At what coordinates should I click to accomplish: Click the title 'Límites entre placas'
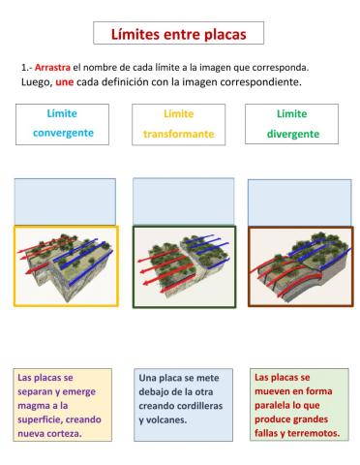(x=179, y=34)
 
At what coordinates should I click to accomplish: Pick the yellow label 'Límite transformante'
(x=178, y=123)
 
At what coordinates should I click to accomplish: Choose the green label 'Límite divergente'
(x=291, y=123)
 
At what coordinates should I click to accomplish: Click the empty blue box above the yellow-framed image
(x=65, y=201)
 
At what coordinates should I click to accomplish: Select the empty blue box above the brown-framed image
(x=299, y=201)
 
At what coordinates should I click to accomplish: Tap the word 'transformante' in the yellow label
(x=178, y=134)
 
